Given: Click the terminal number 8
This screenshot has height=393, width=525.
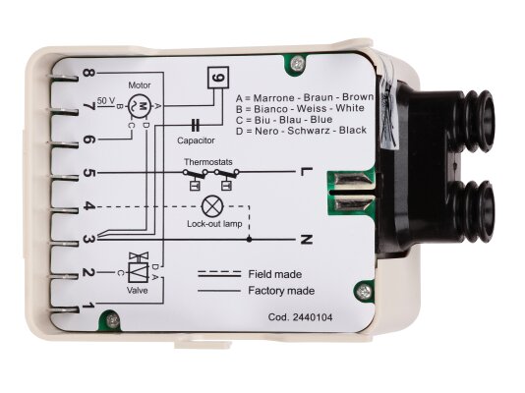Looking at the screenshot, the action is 88,73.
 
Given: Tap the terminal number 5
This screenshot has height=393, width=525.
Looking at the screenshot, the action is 88,173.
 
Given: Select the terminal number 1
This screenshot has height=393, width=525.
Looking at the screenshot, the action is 88,306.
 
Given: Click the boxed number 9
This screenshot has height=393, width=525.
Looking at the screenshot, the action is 218,78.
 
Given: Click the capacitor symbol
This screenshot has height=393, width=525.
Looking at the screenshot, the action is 196,126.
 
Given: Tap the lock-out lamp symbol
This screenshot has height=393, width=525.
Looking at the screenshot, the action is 212,206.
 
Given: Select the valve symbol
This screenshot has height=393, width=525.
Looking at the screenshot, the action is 139,268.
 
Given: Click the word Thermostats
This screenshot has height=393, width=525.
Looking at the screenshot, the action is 207,162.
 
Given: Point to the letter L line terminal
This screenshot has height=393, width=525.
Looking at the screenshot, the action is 307,172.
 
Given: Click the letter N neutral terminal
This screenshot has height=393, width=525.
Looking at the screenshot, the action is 307,240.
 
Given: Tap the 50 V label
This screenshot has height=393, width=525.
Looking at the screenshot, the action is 106,100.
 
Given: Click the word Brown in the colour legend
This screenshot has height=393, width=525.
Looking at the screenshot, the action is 358,97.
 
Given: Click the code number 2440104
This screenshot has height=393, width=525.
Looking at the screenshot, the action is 313,317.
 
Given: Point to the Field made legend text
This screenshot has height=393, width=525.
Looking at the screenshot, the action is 275,274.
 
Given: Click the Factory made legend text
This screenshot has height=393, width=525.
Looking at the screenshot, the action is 281,291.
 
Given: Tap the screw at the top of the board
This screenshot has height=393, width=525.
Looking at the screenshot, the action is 297,63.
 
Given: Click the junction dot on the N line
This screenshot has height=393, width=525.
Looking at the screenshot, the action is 249,240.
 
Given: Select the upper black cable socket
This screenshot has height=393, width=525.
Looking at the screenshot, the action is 476,121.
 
